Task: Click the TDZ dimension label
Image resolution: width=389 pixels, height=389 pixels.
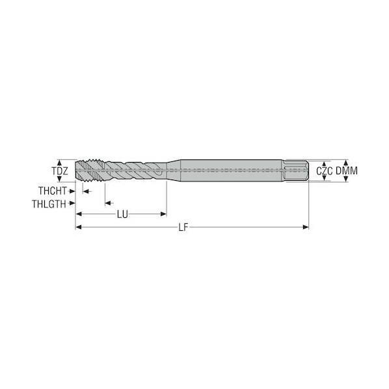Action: [x=60, y=171]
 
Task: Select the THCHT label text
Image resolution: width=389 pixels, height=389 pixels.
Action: [x=53, y=191]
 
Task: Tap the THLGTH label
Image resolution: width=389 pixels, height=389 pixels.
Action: [x=49, y=204]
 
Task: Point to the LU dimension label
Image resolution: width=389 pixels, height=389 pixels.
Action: [x=122, y=215]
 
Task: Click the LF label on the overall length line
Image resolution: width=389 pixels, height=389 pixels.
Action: [x=183, y=227]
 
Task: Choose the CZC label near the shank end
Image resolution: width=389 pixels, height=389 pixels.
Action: [x=324, y=171]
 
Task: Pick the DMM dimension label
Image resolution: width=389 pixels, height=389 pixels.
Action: [x=347, y=171]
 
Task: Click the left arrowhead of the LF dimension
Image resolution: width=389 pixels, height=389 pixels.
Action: [x=79, y=227]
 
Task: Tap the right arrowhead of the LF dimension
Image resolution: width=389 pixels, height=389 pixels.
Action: [x=306, y=227]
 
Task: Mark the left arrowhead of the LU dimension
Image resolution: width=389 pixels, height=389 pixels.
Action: [x=79, y=214]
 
